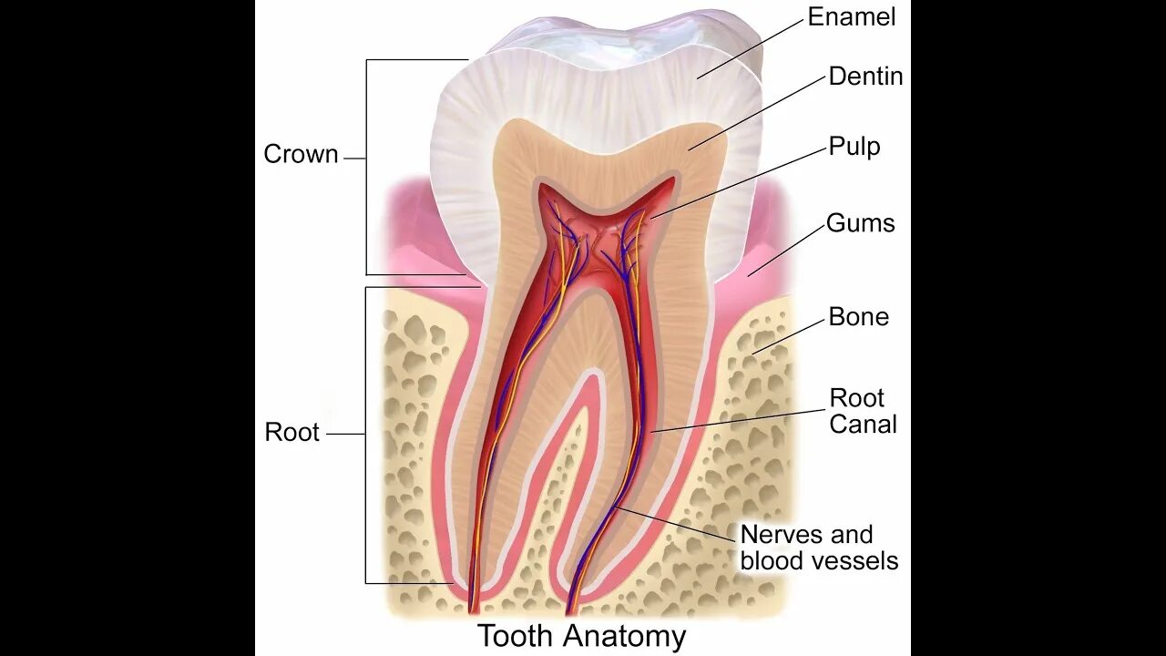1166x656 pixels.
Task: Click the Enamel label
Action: pyautogui.click(x=852, y=16)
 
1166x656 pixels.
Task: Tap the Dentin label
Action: pyautogui.click(x=865, y=77)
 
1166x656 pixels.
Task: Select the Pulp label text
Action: pyautogui.click(x=854, y=147)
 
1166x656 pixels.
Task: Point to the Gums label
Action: pyautogui.click(x=860, y=223)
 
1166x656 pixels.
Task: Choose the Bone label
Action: pyautogui.click(x=858, y=317)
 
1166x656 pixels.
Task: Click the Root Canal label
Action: pyautogui.click(x=862, y=411)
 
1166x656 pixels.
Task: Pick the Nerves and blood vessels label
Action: pyautogui.click(x=818, y=547)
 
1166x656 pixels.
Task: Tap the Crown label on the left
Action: pyautogui.click(x=301, y=155)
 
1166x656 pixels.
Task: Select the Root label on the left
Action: pyautogui.click(x=291, y=432)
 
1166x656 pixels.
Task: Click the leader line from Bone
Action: pyautogui.click(x=788, y=334)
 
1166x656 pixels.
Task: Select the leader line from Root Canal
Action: pyautogui.click(x=738, y=420)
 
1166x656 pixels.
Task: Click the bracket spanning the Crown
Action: pyautogui.click(x=366, y=164)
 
